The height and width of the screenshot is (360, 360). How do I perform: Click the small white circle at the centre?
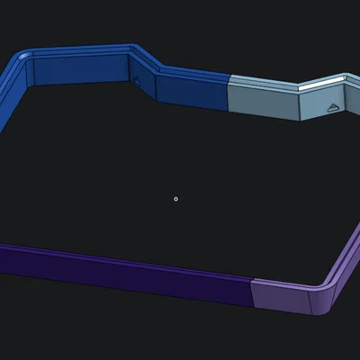pos(175,199)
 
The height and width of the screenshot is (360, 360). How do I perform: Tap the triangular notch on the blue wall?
pos(137,80)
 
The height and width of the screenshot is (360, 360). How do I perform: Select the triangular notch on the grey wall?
pos(333,108)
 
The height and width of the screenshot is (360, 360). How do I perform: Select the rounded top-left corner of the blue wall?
pos(27,59)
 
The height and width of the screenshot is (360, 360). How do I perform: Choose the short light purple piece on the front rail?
pos(279,297)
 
